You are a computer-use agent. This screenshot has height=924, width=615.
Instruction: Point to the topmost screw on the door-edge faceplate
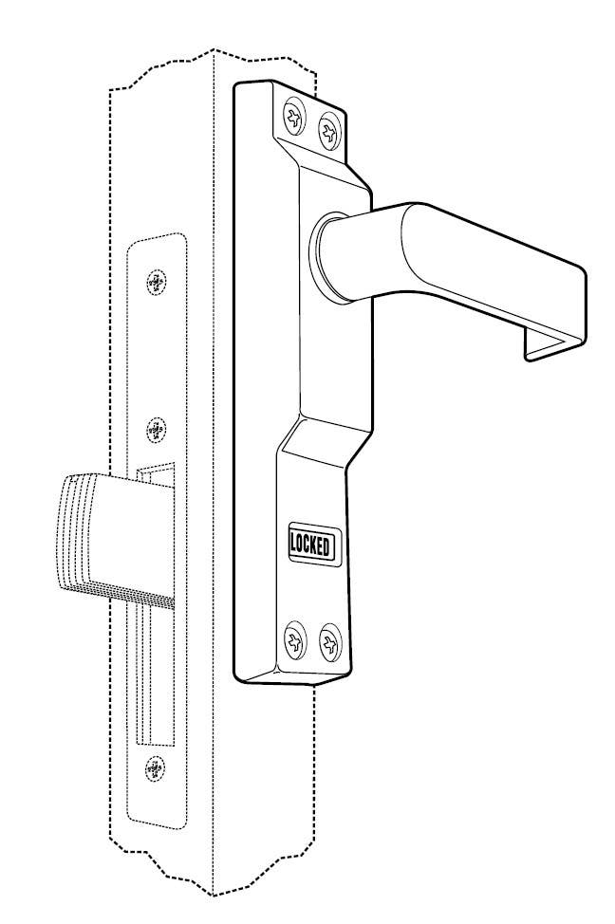(158, 281)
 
